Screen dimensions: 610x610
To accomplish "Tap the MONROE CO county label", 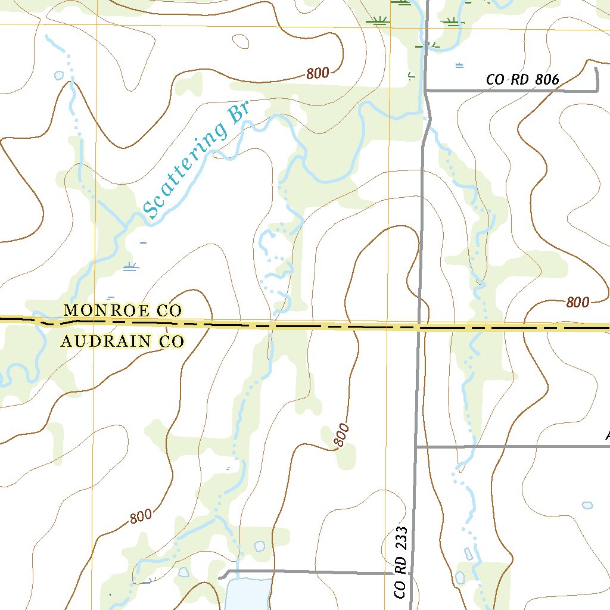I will click(x=122, y=310).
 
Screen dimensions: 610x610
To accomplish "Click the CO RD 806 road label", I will click(x=522, y=79).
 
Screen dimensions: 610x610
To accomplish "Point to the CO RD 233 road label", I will click(x=400, y=562).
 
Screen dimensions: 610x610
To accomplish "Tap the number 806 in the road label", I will click(x=547, y=79).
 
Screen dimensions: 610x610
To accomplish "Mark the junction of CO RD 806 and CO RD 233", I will click(x=427, y=91).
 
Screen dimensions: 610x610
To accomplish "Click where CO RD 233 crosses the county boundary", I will click(x=419, y=327).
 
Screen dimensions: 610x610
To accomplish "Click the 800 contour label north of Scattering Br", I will click(x=318, y=73).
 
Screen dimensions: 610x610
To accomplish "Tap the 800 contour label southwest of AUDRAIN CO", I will click(x=141, y=516).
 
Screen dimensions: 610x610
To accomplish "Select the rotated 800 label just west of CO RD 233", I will click(x=340, y=435).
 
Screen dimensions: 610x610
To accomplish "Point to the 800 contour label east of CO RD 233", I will click(x=577, y=302).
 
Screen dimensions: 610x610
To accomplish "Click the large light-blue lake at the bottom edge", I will click(x=248, y=595).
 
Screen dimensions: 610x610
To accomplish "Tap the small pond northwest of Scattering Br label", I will click(x=58, y=76).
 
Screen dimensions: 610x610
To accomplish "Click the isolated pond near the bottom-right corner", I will click(x=587, y=505).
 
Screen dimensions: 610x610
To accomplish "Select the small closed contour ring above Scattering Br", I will click(x=241, y=41).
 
